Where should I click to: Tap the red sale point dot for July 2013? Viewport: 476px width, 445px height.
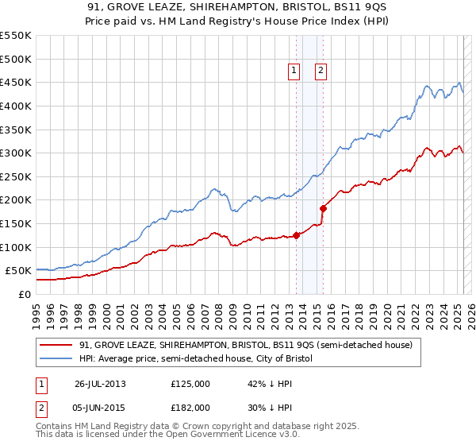296,234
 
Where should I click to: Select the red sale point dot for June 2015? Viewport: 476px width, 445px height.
323,208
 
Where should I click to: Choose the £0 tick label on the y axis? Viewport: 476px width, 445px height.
25,294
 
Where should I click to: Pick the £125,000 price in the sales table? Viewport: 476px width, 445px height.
190,383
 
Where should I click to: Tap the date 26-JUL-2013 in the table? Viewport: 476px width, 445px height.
100,383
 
